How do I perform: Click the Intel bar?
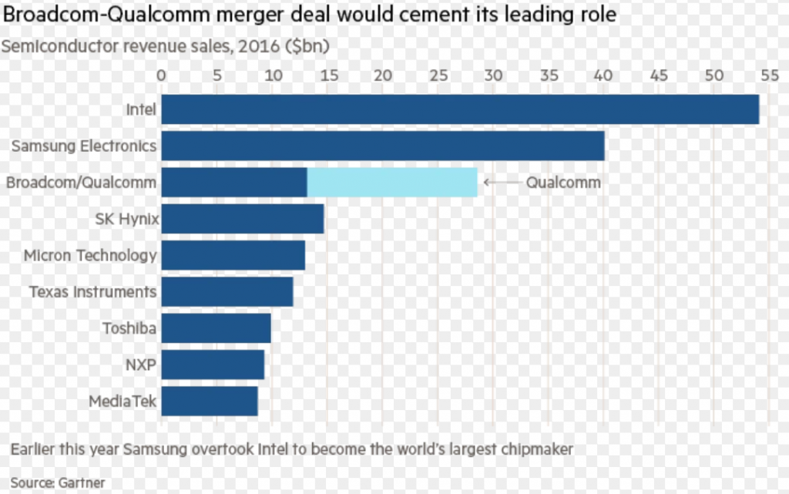[x=460, y=109]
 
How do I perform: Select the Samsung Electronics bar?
[x=383, y=146]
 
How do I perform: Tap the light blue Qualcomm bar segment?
[x=392, y=183]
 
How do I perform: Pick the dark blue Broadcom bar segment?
[x=234, y=183]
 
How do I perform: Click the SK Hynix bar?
[x=243, y=219]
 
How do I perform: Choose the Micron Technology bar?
[x=233, y=255]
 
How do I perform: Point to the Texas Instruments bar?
[x=227, y=292]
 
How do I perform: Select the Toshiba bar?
[x=217, y=328]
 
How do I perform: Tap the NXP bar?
[x=213, y=365]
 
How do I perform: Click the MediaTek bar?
[x=210, y=402]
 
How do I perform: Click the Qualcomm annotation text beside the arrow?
[x=563, y=183]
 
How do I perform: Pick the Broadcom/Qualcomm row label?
[x=82, y=183]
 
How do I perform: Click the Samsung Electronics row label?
[x=84, y=146]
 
